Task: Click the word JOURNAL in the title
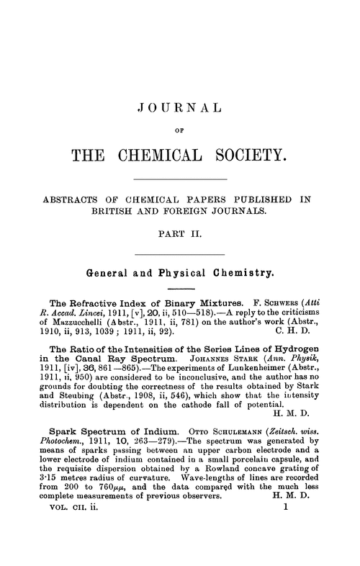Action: pos(179,110)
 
